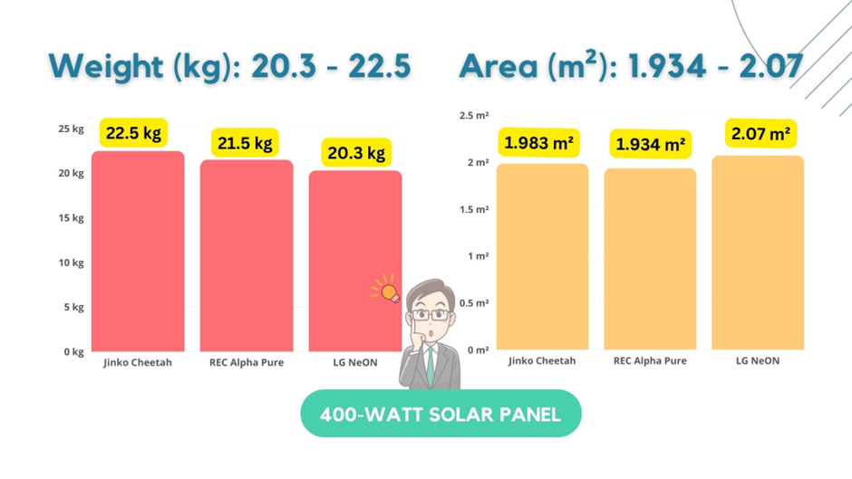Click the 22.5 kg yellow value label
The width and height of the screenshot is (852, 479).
click(133, 133)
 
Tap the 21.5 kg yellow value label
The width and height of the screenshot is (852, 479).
click(244, 143)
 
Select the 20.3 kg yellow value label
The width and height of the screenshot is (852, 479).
click(356, 153)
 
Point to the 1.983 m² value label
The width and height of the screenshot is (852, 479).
click(541, 143)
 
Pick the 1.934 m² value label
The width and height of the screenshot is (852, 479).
click(650, 144)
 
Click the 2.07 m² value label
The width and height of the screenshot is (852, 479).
click(760, 135)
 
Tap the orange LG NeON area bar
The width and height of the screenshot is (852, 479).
click(758, 253)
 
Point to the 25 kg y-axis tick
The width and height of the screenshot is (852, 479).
click(71, 129)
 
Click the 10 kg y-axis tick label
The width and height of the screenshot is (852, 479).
click(71, 263)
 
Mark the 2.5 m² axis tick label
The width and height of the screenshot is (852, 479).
click(474, 116)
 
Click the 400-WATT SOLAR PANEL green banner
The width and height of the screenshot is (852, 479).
click(441, 414)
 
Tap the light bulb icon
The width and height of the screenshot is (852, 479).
click(387, 292)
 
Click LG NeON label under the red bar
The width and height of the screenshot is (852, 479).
click(355, 363)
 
